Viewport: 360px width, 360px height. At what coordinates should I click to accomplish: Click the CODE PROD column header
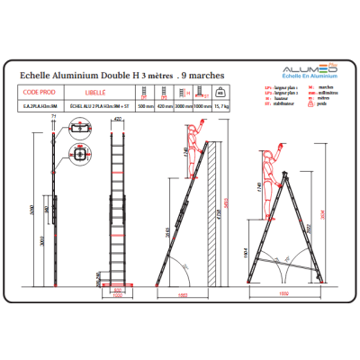pyautogui.click(x=39, y=92)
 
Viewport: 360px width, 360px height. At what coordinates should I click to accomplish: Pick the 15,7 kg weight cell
pyautogui.click(x=220, y=106)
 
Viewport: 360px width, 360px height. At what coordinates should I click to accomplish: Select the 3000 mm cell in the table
pyautogui.click(x=183, y=106)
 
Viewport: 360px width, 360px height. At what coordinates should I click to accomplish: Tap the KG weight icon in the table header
pyautogui.click(x=220, y=92)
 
